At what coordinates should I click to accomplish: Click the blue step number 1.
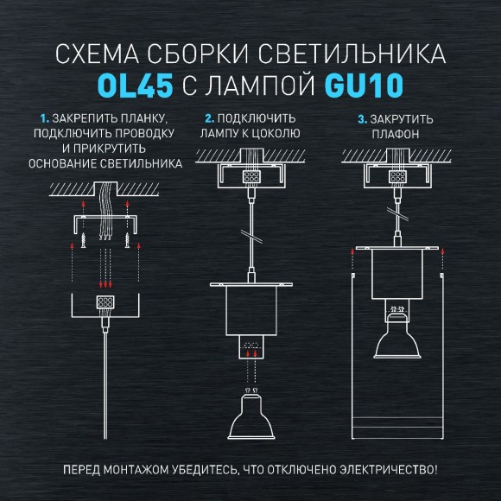[43, 117]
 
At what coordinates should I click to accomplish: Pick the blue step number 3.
[362, 117]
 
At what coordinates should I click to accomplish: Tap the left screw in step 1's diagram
[82, 238]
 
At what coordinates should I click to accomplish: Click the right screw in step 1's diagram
[130, 238]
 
